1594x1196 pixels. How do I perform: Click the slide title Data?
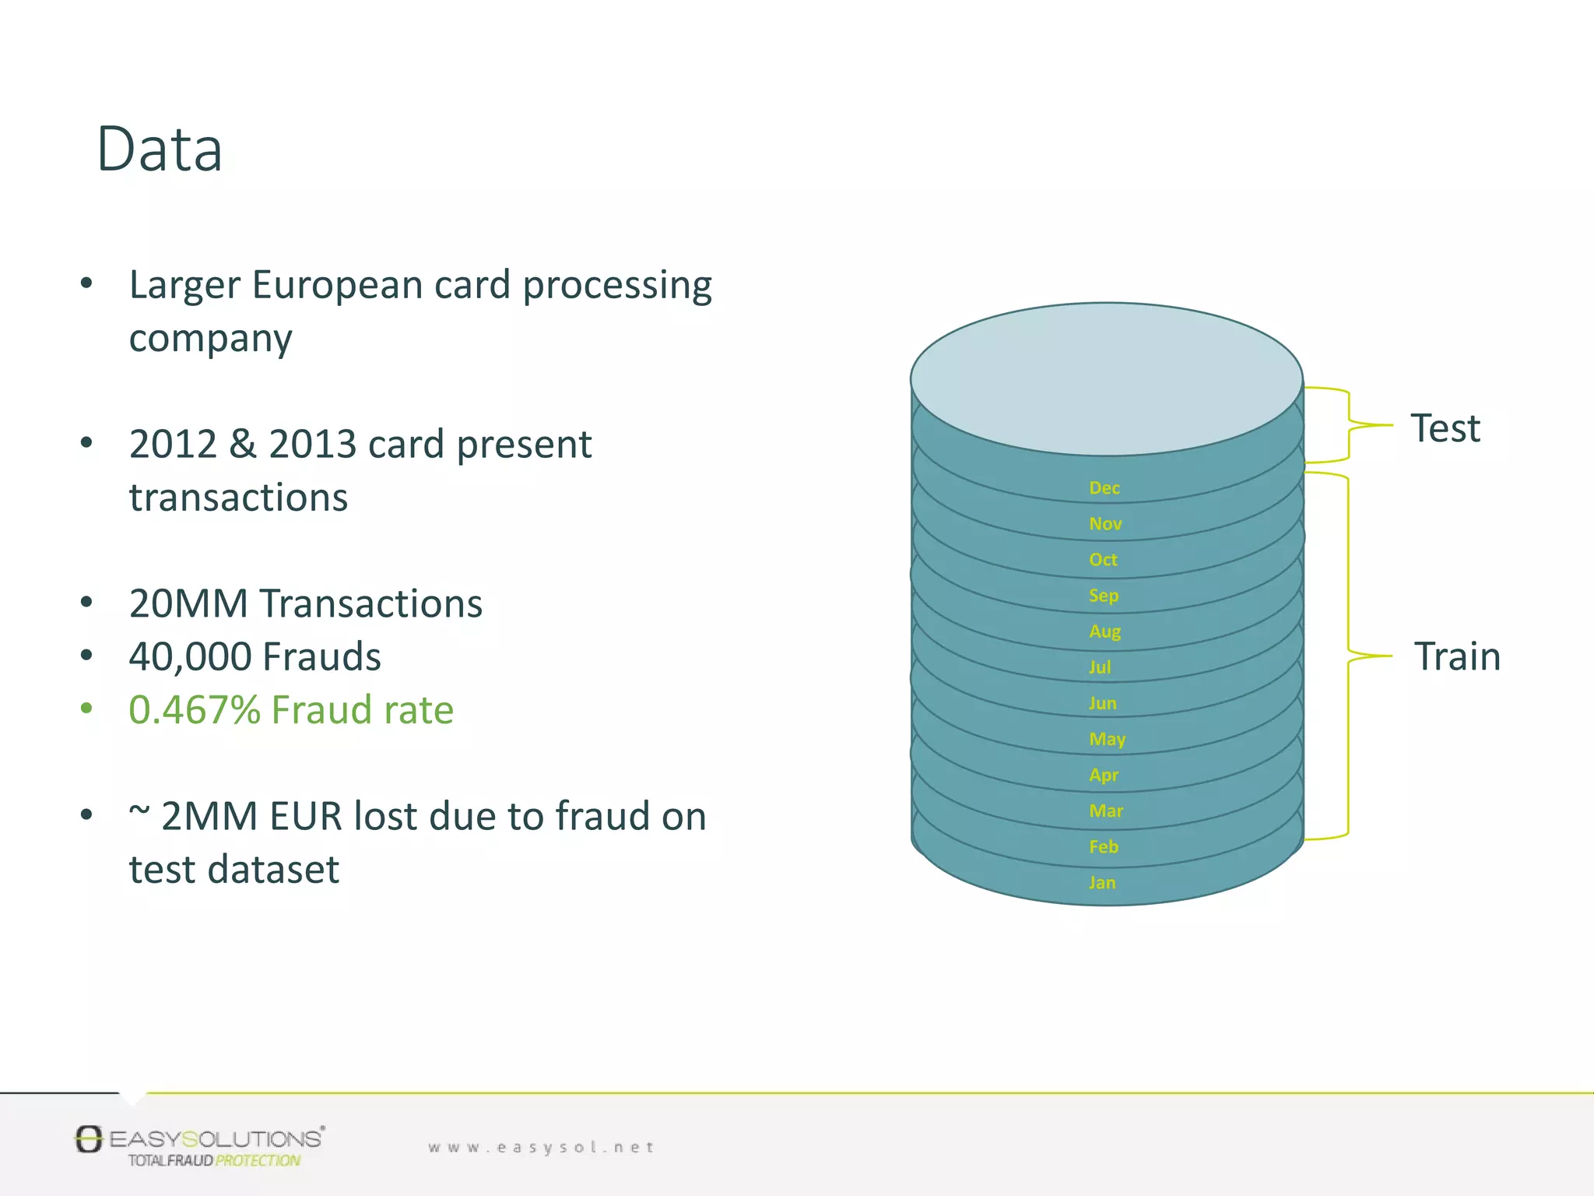(x=160, y=149)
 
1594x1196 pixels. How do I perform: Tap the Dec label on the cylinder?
(x=1104, y=488)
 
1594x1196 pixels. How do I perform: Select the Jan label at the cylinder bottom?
(x=1102, y=882)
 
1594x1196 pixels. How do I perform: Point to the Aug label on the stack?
(x=1105, y=631)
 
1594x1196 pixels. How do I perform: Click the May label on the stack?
(x=1108, y=739)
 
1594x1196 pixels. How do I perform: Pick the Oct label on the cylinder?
(x=1103, y=560)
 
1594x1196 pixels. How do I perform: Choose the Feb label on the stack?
(x=1104, y=846)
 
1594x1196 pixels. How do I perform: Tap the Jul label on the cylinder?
(x=1100, y=667)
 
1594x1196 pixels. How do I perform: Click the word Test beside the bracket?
(x=1445, y=428)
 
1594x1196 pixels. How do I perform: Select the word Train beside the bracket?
(x=1457, y=656)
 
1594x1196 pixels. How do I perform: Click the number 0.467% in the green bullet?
(x=195, y=710)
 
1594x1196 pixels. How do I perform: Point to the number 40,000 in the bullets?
(x=189, y=656)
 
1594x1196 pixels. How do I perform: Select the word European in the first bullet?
(x=337, y=285)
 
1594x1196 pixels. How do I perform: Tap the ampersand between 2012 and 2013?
(x=243, y=445)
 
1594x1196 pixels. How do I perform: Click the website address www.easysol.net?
(x=541, y=1147)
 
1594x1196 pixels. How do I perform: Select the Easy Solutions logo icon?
(x=89, y=1139)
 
